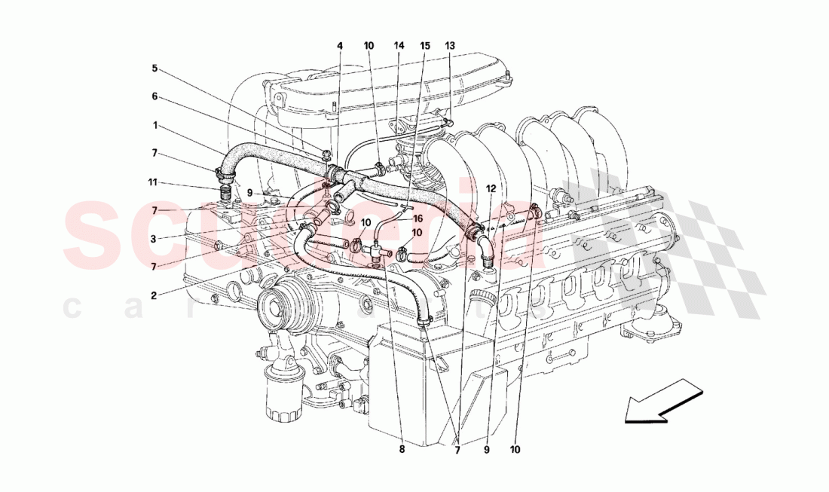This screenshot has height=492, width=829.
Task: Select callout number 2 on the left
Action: [153, 295]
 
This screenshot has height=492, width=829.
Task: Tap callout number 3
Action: [153, 239]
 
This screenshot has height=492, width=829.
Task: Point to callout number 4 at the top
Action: [340, 46]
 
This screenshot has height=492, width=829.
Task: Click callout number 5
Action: [154, 68]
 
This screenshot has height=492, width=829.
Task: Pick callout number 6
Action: [154, 96]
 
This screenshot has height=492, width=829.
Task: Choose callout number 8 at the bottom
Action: [402, 451]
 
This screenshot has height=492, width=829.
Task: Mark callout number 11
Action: [153, 182]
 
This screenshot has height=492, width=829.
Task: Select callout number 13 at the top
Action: [450, 46]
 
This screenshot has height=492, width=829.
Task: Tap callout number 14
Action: [399, 46]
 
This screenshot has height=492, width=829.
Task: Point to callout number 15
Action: [425, 46]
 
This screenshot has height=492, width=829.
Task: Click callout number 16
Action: [419, 218]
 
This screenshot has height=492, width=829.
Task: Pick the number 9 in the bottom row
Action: [486, 451]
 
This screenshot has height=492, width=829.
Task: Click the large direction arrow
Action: [663, 400]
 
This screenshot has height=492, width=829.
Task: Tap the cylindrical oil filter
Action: [283, 396]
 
